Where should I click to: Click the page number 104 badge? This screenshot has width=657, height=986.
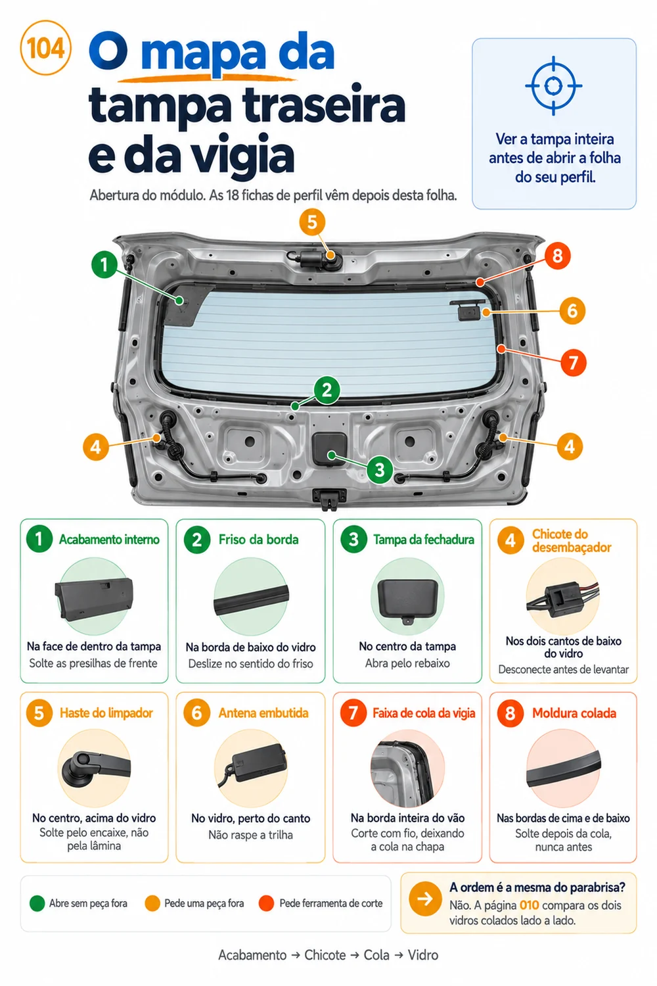[45, 48]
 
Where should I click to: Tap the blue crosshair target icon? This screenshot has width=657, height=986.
[554, 86]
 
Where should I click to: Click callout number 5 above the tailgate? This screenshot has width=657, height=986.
[312, 222]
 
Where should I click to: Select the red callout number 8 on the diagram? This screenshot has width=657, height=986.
[557, 256]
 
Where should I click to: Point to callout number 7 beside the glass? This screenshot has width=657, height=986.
[573, 363]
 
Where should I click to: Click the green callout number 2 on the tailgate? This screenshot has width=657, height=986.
[327, 390]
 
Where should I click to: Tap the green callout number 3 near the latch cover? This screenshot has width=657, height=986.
[380, 470]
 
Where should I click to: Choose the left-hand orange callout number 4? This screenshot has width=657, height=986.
[96, 447]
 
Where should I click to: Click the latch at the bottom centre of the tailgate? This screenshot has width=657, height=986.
[329, 499]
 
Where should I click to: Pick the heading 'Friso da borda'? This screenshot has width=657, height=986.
[258, 540]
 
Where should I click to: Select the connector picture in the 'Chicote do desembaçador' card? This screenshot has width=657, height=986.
[563, 596]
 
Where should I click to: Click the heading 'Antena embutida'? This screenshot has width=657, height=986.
[263, 713]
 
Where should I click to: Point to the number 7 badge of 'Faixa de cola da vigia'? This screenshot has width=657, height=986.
[353, 713]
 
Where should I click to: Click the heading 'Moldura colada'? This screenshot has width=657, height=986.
[574, 713]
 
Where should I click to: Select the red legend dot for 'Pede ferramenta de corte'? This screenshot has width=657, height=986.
[267, 903]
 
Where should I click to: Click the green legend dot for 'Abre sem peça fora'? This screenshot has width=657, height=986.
[37, 903]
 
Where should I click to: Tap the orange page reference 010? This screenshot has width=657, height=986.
[529, 905]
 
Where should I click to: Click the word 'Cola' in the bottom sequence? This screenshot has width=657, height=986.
[376, 955]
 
